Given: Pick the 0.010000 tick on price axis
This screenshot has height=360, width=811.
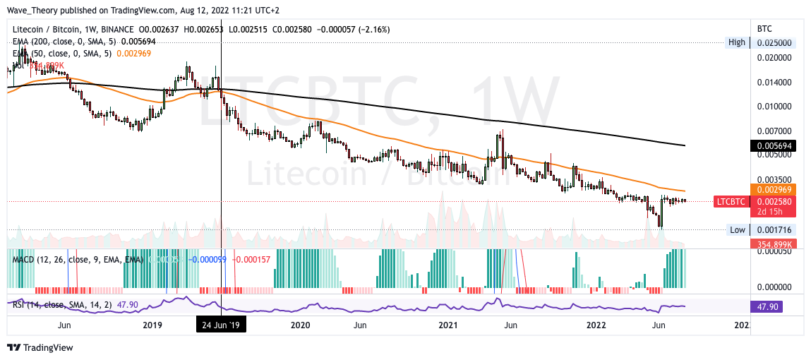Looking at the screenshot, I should [774, 107].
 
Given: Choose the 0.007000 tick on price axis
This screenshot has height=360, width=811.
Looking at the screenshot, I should [774, 131].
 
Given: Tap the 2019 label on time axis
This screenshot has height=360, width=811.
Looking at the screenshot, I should [152, 325].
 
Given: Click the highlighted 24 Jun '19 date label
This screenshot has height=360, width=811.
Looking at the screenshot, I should [221, 325].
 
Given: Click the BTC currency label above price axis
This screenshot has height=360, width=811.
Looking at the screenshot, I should [764, 29].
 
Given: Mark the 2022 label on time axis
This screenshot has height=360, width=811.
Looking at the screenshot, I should [595, 325].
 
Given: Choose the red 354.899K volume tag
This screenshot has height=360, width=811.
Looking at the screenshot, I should [771, 244].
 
